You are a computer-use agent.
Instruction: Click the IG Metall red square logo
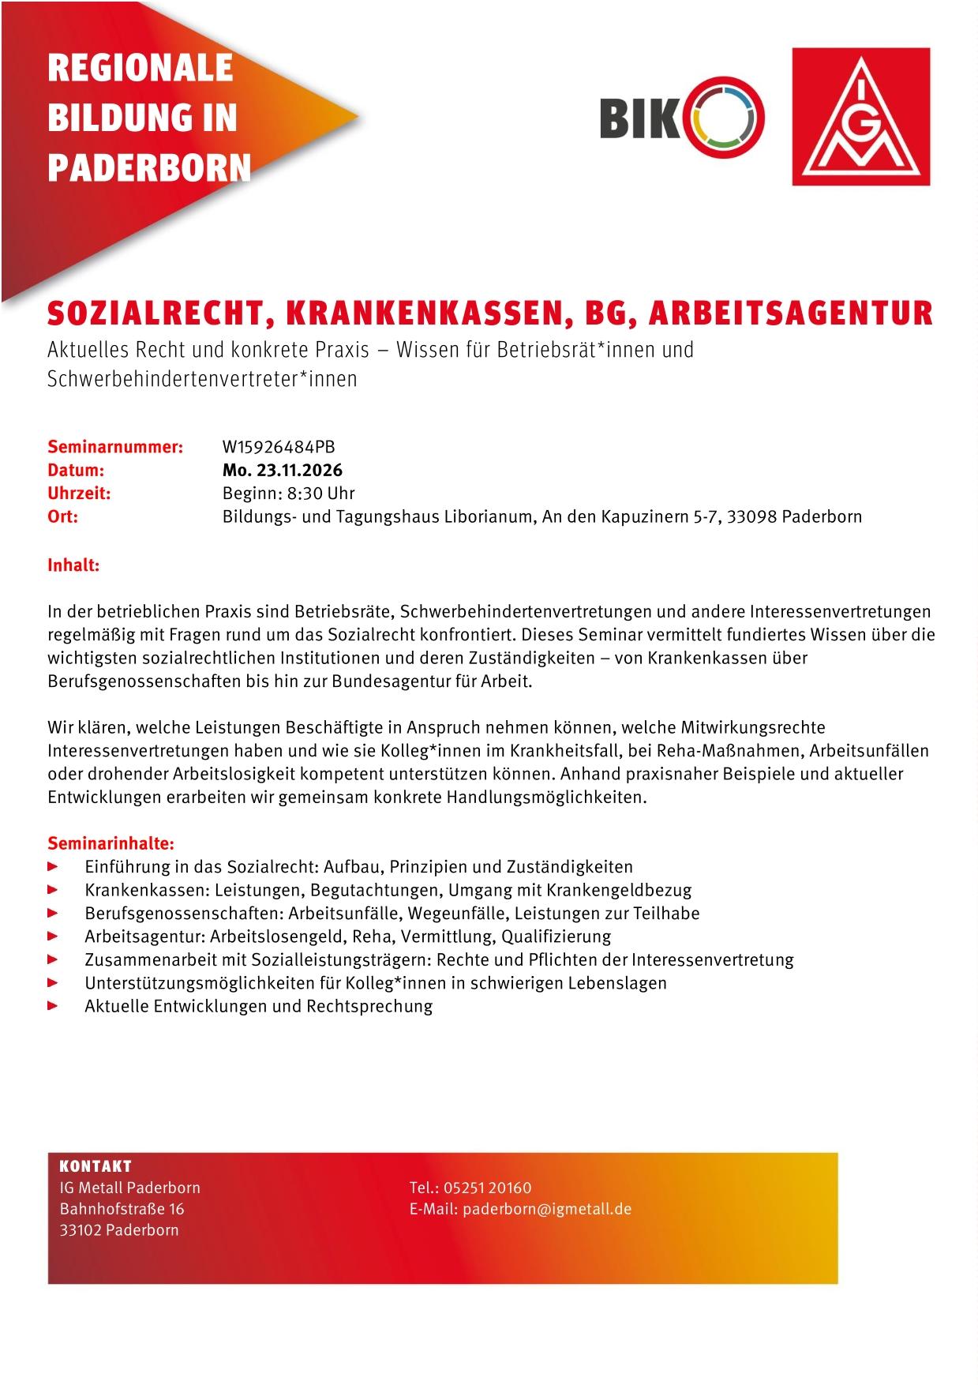[860, 117]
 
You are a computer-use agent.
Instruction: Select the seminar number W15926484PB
[279, 447]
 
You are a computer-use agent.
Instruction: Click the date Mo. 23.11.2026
[282, 471]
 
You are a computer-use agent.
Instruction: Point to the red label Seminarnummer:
[115, 447]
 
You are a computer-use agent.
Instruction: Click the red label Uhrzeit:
[79, 494]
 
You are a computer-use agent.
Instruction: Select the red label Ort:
[63, 517]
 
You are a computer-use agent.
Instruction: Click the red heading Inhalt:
[73, 565]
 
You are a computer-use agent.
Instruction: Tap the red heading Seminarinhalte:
[111, 843]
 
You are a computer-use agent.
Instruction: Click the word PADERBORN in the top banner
[149, 167]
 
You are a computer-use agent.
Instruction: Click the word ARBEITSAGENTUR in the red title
[789, 313]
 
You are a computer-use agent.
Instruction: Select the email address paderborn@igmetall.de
[547, 1209]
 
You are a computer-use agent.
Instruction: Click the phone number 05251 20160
[487, 1188]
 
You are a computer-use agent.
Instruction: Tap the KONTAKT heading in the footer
[96, 1166]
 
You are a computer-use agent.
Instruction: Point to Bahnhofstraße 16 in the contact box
[122, 1209]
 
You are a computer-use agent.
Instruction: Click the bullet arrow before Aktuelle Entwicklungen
[53, 1006]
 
